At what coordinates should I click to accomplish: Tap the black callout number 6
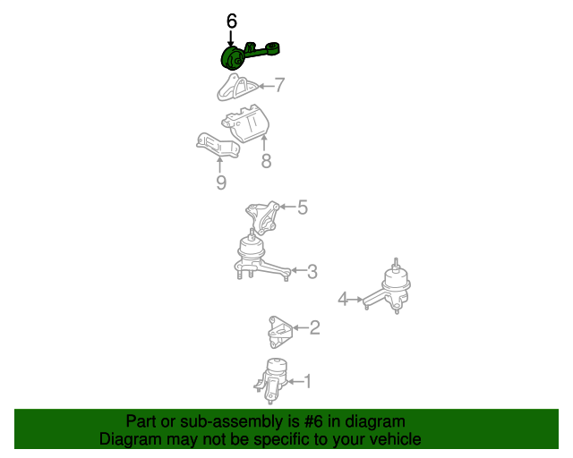pyautogui.click(x=232, y=21)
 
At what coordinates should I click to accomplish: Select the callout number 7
pyautogui.click(x=279, y=85)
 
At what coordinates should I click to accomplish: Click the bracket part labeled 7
pyautogui.click(x=236, y=87)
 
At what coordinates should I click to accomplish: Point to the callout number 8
pyautogui.click(x=267, y=161)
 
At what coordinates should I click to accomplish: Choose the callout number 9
pyautogui.click(x=221, y=182)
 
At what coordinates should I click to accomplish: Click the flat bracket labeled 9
pyautogui.click(x=218, y=146)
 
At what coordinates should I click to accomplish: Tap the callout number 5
pyautogui.click(x=303, y=208)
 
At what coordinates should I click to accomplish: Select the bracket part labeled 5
pyautogui.click(x=261, y=217)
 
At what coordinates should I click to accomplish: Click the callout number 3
pyautogui.click(x=312, y=271)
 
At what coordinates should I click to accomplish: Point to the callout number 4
pyautogui.click(x=343, y=299)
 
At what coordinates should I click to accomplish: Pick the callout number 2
pyautogui.click(x=314, y=327)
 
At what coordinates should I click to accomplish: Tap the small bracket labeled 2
pyautogui.click(x=280, y=333)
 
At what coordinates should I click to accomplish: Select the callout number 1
pyautogui.click(x=307, y=381)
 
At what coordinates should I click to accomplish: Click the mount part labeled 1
pyautogui.click(x=272, y=380)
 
